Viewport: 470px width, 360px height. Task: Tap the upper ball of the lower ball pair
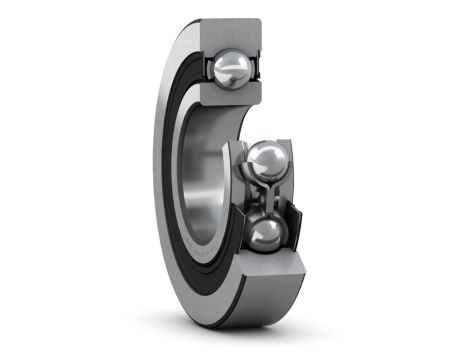pyautogui.click(x=265, y=160)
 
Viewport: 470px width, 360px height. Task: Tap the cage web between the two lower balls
pyautogui.click(x=265, y=197)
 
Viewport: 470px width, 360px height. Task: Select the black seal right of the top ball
pyautogui.click(x=258, y=68)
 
